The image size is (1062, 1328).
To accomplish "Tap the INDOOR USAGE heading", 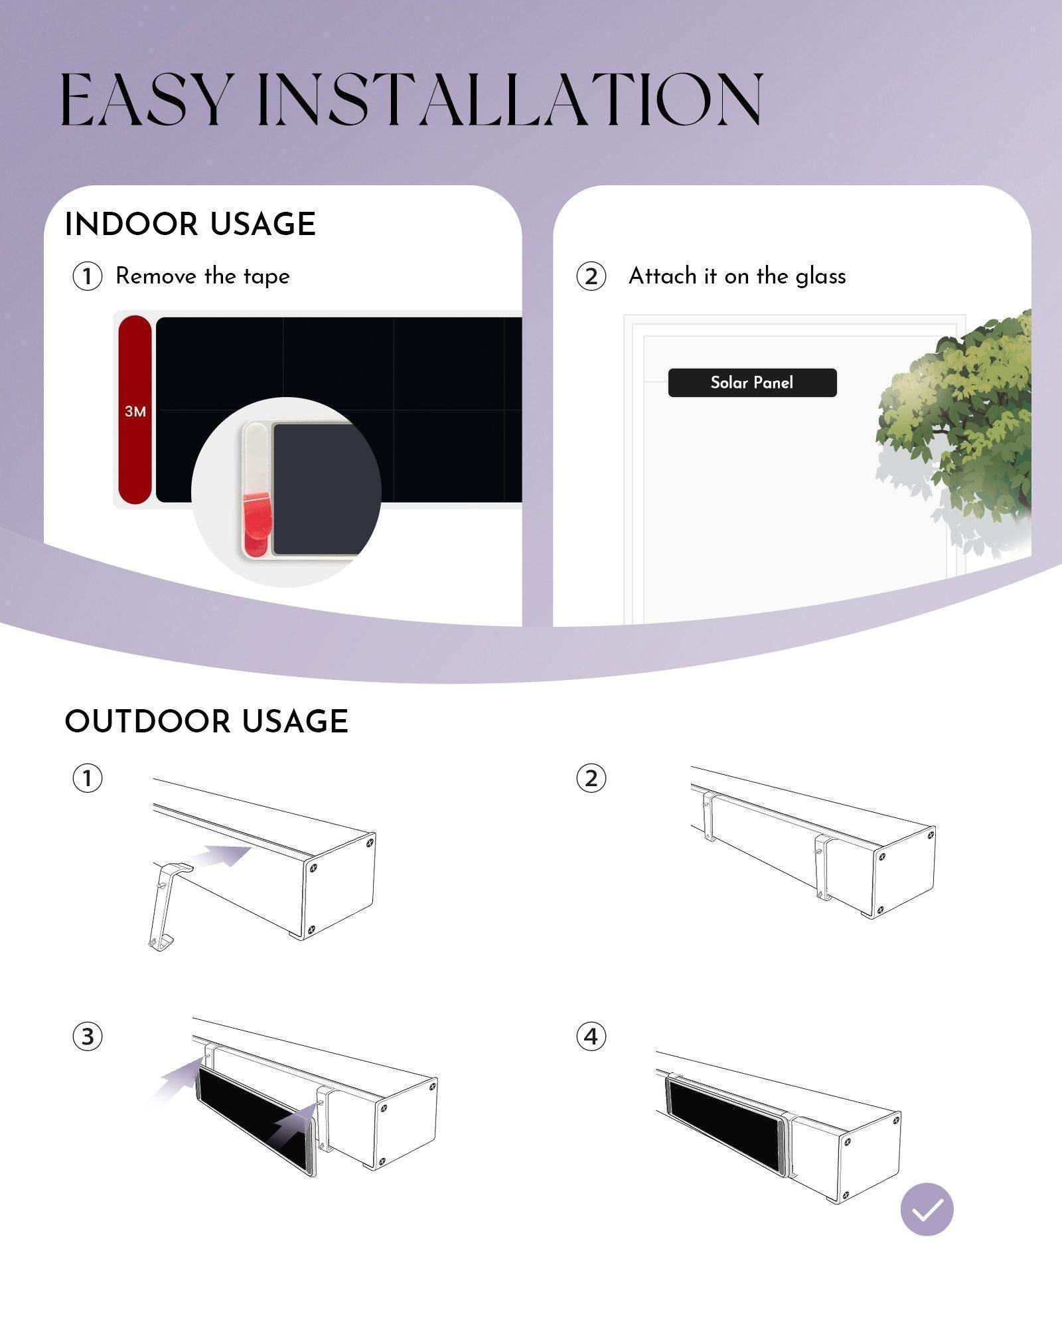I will pyautogui.click(x=190, y=224).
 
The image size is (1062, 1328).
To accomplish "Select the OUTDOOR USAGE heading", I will pyautogui.click(x=206, y=722).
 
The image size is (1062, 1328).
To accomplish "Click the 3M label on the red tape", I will pyautogui.click(x=135, y=412).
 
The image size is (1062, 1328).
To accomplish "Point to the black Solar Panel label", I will pyautogui.click(x=752, y=383).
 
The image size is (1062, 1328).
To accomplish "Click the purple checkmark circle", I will pyautogui.click(x=927, y=1209).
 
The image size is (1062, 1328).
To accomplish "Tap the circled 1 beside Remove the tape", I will pyautogui.click(x=87, y=276).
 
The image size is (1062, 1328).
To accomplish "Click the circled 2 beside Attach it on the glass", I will pyautogui.click(x=591, y=276).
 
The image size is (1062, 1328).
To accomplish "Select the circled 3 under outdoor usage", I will pyautogui.click(x=87, y=1037).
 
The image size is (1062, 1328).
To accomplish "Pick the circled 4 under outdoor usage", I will pyautogui.click(x=591, y=1037).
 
